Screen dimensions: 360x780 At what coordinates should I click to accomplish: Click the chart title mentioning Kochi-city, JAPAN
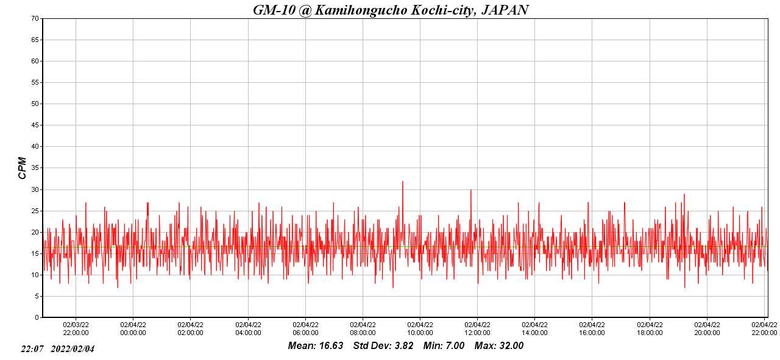(x=390, y=10)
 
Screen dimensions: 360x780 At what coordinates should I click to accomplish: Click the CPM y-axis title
(x=23, y=168)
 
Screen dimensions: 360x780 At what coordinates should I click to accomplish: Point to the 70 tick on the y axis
(x=35, y=18)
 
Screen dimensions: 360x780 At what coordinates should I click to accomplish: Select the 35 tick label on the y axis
(x=35, y=168)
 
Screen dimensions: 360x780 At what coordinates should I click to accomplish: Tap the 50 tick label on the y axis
(x=35, y=104)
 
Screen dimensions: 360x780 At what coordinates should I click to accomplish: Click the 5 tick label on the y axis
(x=37, y=296)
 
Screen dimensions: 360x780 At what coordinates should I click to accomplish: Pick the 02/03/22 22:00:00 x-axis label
(x=76, y=329)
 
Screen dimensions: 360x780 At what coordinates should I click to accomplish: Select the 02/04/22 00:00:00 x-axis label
(x=133, y=329)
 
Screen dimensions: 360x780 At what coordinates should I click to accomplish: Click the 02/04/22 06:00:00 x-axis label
(x=305, y=329)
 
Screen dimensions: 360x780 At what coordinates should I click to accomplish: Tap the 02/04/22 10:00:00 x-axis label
(x=420, y=329)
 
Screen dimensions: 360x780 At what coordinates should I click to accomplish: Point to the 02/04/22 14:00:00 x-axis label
(x=534, y=329)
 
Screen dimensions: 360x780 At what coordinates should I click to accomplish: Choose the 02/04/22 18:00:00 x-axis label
(x=650, y=329)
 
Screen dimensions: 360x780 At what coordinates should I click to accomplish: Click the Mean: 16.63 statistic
(x=315, y=346)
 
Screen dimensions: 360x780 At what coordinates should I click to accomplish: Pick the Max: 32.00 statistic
(x=499, y=346)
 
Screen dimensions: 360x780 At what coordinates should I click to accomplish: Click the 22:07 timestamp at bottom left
(x=32, y=349)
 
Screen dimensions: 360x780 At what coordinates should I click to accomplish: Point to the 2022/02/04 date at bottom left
(x=73, y=349)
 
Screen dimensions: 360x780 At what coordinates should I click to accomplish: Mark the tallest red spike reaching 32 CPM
(x=402, y=182)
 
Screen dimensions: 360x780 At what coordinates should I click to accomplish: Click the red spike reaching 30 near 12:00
(x=470, y=191)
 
